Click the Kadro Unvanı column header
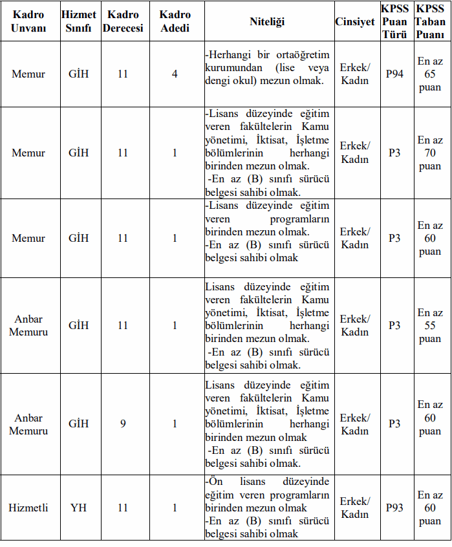click(x=28, y=21)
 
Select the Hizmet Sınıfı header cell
click(x=79, y=21)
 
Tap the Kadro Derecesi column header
click(x=123, y=21)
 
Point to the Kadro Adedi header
click(x=175, y=21)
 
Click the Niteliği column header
click(x=267, y=21)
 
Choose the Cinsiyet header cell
click(x=354, y=21)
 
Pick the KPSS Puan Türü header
click(x=394, y=21)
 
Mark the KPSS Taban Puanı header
click(x=430, y=21)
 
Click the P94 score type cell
click(x=394, y=74)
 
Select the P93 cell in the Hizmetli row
click(x=394, y=508)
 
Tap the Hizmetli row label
click(x=28, y=508)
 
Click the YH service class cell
click(x=79, y=508)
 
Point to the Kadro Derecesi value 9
click(x=123, y=424)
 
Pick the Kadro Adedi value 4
click(x=175, y=74)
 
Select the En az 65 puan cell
click(x=430, y=74)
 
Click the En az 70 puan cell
click(x=430, y=153)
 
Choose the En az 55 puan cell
click(x=430, y=325)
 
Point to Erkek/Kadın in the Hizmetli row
click(x=354, y=508)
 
